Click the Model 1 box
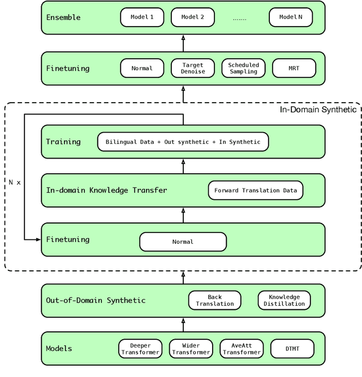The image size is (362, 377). coord(142,17)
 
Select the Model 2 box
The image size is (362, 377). coord(192,17)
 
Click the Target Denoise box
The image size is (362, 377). coord(192,68)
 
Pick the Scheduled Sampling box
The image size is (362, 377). coord(243,68)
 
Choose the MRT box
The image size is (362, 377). coord(294,68)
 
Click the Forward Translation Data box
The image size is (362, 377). coord(256,190)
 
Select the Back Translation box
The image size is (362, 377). coord(214,300)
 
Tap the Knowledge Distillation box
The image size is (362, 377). coord(284,300)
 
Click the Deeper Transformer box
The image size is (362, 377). coord(140,349)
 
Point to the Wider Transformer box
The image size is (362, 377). coord(191,349)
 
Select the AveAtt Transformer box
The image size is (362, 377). coord(242,349)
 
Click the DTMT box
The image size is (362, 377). coord(292,349)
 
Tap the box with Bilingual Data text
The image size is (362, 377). coord(183,142)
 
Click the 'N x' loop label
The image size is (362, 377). coord(15,183)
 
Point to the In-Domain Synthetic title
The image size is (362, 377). coord(318,109)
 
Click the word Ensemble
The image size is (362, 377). coord(63,17)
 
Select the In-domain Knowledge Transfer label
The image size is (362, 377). coord(106,190)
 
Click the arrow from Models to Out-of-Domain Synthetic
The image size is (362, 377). coord(183,325)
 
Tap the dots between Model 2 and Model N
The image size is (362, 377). coord(239,19)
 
